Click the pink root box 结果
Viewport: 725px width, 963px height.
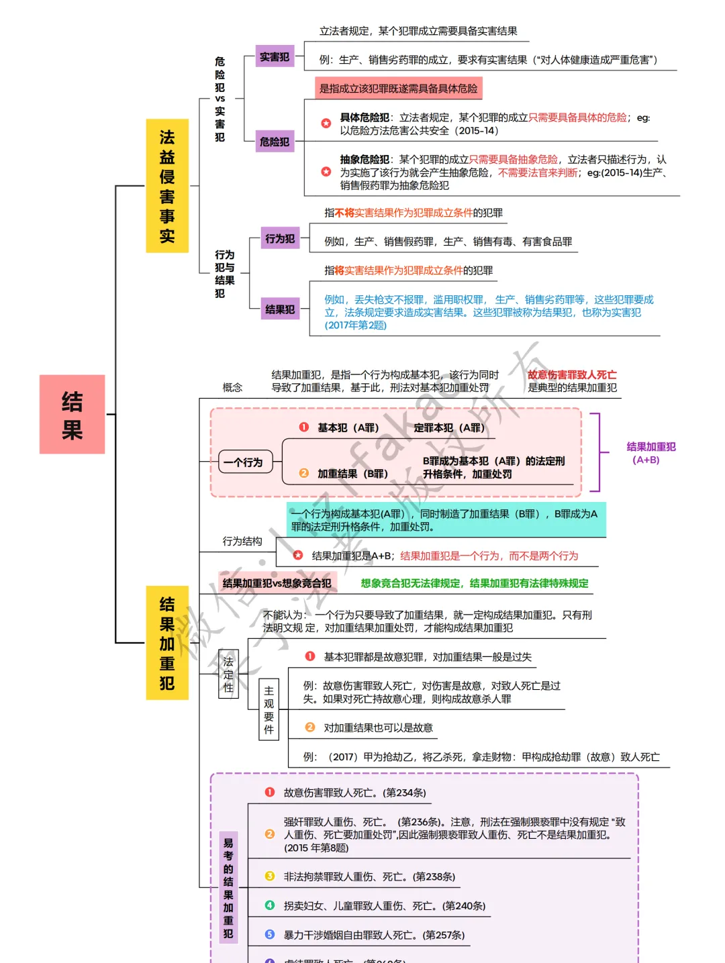point(72,414)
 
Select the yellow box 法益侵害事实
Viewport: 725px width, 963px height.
point(167,186)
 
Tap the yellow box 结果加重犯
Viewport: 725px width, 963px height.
point(167,643)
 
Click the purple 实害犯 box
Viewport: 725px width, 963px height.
point(275,57)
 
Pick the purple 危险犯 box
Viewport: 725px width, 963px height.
point(275,142)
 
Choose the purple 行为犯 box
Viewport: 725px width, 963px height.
point(279,238)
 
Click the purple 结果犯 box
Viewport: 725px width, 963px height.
point(279,309)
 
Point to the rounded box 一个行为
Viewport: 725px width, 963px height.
point(243,462)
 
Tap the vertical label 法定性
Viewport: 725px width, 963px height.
point(228,674)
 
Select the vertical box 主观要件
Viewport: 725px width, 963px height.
point(269,709)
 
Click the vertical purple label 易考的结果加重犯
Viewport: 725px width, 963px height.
point(228,887)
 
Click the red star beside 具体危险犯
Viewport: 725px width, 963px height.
point(326,123)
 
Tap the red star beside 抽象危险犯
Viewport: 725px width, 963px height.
point(326,172)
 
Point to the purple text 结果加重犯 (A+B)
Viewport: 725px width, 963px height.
point(650,453)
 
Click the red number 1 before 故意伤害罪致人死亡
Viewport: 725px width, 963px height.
point(270,793)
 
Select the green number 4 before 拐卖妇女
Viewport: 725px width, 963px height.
point(270,905)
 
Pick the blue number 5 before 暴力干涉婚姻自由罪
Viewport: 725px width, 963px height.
point(270,934)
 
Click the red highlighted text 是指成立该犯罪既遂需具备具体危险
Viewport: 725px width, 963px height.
point(398,89)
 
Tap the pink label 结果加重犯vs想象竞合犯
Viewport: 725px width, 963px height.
point(277,583)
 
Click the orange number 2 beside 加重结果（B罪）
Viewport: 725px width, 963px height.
point(303,473)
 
